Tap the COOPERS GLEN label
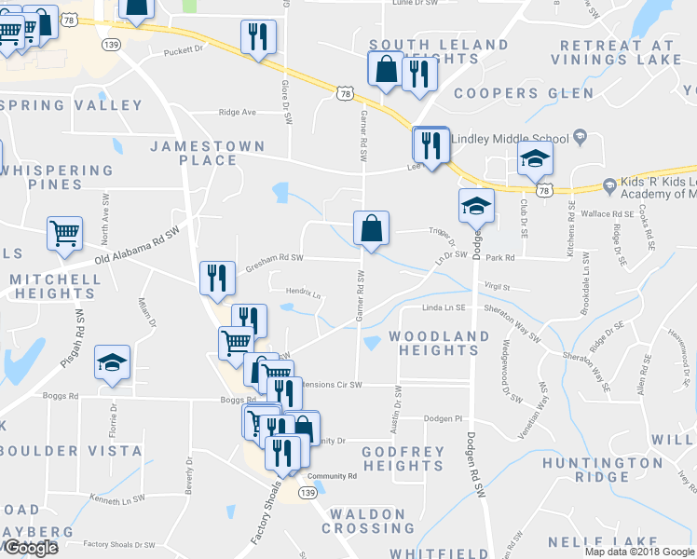click(523, 93)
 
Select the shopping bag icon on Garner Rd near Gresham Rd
click(371, 228)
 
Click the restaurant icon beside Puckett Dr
click(255, 37)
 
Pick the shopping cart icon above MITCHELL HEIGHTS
click(64, 233)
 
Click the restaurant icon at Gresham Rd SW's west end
click(216, 278)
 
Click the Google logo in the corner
click(31, 548)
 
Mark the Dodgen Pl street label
click(444, 418)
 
